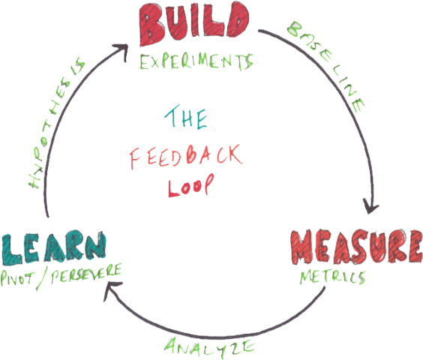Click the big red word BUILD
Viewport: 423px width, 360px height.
coord(193,24)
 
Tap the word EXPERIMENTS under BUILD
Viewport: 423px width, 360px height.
coord(196,61)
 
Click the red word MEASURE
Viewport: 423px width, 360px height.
coord(356,247)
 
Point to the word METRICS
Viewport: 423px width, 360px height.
coord(333,277)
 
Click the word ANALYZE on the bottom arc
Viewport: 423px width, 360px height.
coord(209,347)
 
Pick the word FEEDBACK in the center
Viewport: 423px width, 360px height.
coord(186,157)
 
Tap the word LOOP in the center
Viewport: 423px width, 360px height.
coord(191,185)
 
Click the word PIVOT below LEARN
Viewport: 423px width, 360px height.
coord(17,278)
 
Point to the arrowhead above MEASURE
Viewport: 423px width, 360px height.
coord(371,206)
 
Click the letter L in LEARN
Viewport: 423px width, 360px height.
coord(11,250)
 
